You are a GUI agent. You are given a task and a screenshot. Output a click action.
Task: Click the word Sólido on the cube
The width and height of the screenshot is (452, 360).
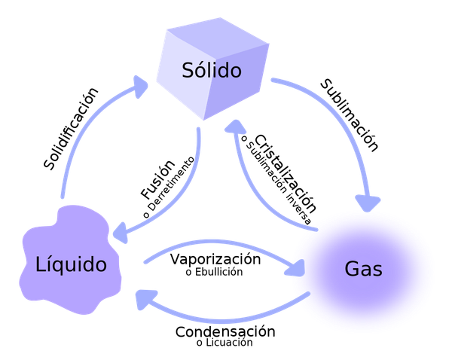[212, 71]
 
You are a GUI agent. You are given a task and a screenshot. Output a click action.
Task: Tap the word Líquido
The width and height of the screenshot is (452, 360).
[71, 265]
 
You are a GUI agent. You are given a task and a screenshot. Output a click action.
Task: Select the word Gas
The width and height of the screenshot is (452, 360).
[364, 269]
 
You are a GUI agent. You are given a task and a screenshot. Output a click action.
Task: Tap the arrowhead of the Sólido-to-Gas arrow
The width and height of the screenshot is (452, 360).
[368, 203]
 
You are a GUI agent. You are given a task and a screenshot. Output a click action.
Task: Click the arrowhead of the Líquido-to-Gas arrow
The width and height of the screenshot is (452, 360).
[297, 267]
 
